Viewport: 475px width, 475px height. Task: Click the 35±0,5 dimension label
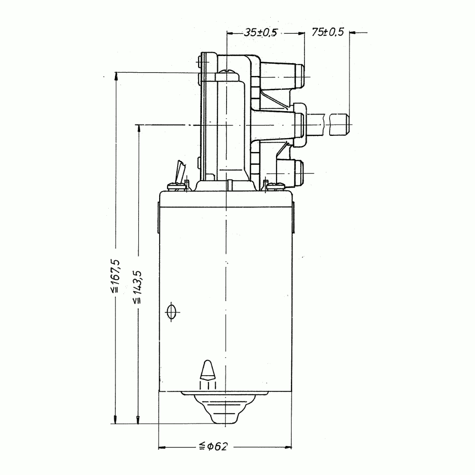point(260,32)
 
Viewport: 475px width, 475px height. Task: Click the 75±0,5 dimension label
point(328,32)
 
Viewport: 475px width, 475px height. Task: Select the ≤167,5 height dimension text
point(116,276)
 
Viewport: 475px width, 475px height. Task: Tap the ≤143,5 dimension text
point(137,286)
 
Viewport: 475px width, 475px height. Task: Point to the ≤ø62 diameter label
point(213,446)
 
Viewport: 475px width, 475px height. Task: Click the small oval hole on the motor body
point(171,312)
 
